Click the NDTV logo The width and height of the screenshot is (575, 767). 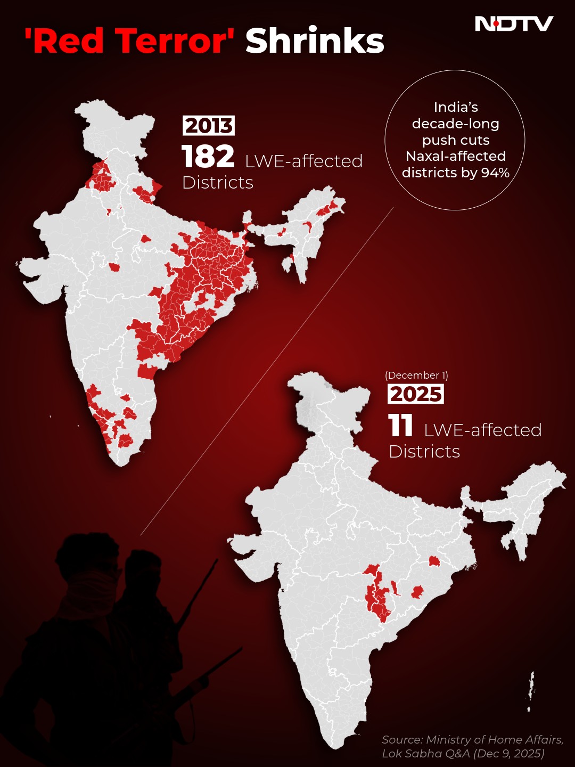(x=514, y=24)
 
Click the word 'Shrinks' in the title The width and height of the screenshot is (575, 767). (x=315, y=42)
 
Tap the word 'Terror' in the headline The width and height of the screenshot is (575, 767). (x=172, y=42)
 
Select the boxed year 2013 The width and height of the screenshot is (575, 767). (x=209, y=126)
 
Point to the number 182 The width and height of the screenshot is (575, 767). (x=208, y=157)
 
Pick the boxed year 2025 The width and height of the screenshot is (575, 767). (x=415, y=394)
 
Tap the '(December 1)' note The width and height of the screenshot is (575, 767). (x=416, y=376)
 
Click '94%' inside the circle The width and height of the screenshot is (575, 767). (x=495, y=173)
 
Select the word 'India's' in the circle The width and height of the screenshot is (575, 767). (x=456, y=107)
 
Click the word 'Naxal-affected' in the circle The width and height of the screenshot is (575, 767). (x=456, y=156)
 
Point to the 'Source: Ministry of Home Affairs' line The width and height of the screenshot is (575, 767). (x=472, y=739)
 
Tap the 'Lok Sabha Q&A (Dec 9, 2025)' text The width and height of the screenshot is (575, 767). (x=463, y=753)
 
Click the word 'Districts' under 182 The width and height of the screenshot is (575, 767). (x=218, y=183)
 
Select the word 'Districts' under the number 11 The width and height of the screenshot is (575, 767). (x=424, y=452)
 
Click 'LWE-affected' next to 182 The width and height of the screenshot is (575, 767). (x=303, y=161)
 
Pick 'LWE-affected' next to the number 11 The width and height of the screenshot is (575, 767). (x=482, y=430)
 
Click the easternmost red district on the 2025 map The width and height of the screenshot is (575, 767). (x=434, y=561)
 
